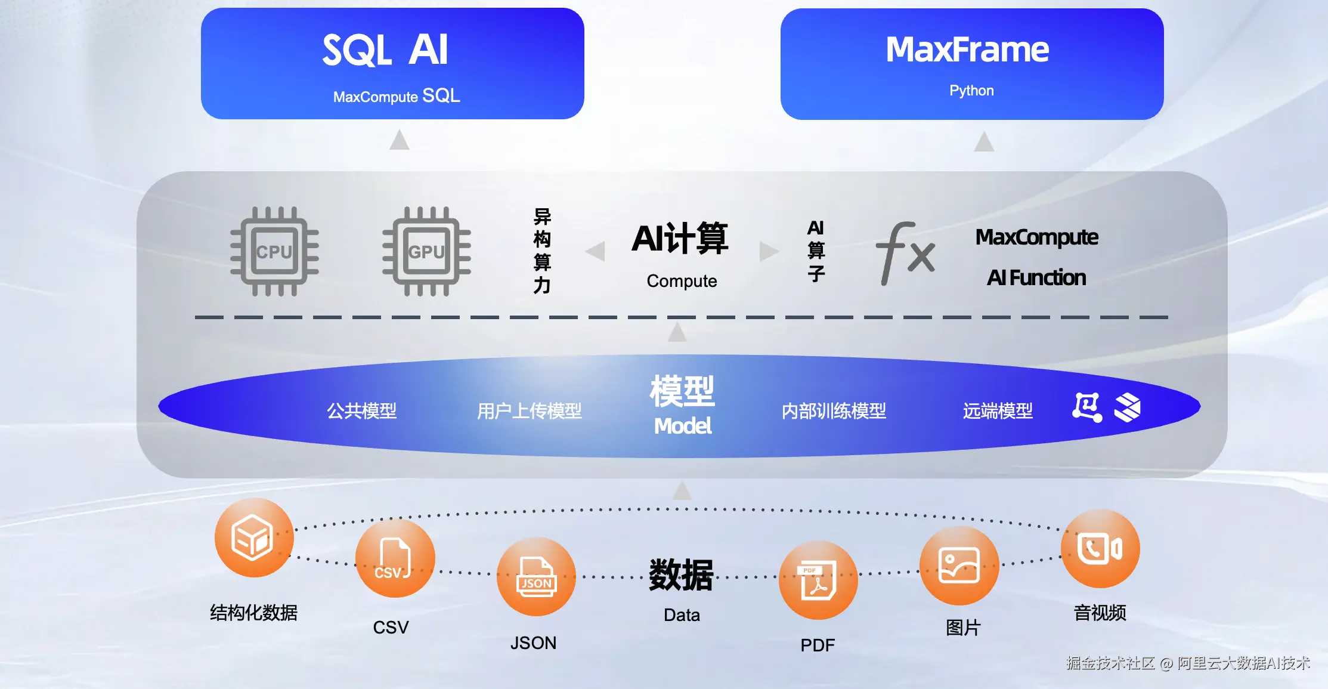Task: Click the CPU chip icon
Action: click(274, 251)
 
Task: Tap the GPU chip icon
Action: click(426, 251)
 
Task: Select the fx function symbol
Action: click(905, 253)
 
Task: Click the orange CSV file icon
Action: click(395, 558)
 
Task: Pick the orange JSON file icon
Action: click(536, 576)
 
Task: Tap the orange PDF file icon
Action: click(818, 580)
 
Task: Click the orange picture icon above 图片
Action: click(959, 566)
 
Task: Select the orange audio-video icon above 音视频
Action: click(1100, 549)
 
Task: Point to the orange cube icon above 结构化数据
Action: click(254, 537)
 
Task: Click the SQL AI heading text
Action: click(385, 50)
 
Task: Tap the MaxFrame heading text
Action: click(967, 49)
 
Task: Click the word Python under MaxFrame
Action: click(971, 91)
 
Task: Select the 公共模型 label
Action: click(361, 410)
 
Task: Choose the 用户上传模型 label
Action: click(529, 410)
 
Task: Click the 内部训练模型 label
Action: click(834, 410)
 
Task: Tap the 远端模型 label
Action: click(998, 410)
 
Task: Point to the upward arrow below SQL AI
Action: click(400, 140)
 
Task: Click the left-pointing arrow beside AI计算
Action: click(595, 251)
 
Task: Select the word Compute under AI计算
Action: click(682, 281)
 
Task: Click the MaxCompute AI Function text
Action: click(1036, 257)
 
